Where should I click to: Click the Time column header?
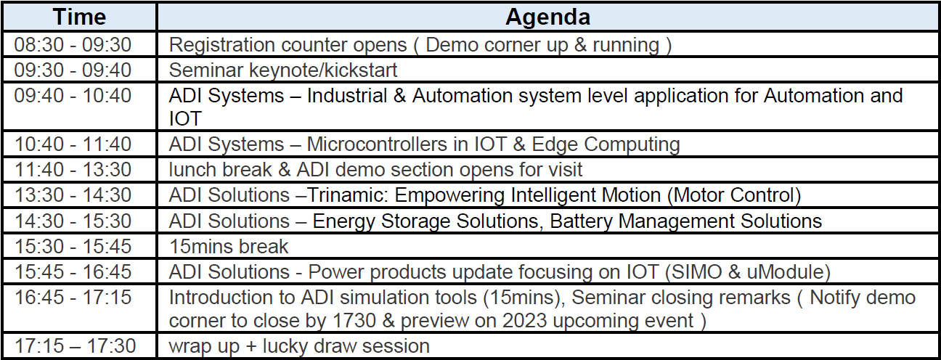tap(79, 17)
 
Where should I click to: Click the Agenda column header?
tap(547, 17)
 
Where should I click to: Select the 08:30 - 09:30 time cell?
tap(73, 44)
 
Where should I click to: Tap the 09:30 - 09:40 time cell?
tap(73, 70)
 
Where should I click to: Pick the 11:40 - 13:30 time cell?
tap(73, 169)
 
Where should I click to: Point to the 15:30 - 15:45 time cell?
tap(73, 246)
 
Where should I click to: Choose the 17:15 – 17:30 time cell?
tap(76, 345)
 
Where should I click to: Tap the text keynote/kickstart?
tap(323, 70)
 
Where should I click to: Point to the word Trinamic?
tap(347, 195)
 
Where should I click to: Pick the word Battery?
tap(581, 221)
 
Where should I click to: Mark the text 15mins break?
tap(229, 246)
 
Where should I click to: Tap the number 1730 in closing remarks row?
tap(354, 321)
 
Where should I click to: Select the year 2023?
tap(524, 321)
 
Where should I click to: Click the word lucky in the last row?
tap(285, 346)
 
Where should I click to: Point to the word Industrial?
tap(347, 95)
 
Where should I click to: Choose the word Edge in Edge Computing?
tap(554, 145)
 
